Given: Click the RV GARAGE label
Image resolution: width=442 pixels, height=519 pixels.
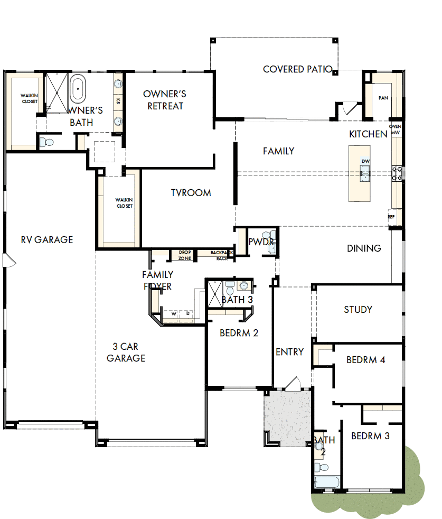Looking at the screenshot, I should (47, 239).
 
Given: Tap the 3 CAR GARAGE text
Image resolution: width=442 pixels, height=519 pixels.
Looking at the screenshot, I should (126, 353).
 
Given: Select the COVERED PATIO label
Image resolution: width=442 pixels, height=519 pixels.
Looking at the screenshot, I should (297, 69).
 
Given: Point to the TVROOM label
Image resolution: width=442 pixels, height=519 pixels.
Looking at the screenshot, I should (191, 193).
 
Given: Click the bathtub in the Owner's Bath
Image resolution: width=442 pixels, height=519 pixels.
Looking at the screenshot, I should (78, 88).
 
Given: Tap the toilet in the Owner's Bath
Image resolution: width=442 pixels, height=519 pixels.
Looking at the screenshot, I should (46, 142).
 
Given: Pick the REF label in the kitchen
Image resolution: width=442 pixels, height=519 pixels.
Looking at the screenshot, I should (391, 217).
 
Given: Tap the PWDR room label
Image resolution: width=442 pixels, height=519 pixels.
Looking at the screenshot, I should (261, 242).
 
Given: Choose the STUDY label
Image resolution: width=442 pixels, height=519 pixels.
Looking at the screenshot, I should (358, 310).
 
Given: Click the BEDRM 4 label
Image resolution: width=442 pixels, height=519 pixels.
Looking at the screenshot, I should (365, 360).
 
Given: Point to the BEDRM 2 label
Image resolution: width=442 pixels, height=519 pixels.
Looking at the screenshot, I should (239, 333).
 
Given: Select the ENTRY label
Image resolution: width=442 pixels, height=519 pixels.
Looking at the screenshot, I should (289, 352).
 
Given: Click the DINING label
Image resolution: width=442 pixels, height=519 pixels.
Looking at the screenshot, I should (364, 248).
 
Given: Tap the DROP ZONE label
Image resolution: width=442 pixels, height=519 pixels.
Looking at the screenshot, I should (185, 255).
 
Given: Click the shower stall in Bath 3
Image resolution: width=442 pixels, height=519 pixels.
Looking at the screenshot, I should (215, 294).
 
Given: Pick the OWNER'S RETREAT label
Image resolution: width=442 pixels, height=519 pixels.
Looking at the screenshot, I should (165, 100).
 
